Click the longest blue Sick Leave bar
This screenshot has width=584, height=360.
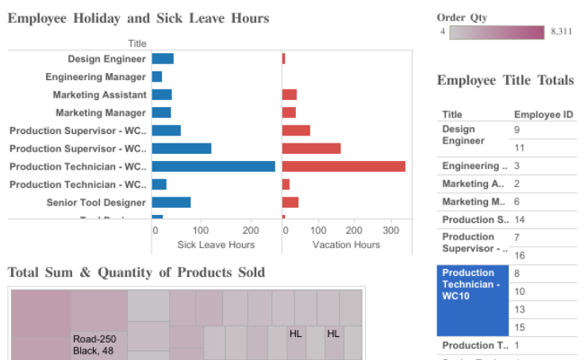pyautogui.click(x=213, y=167)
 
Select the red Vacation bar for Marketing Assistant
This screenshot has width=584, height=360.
pyautogui.click(x=289, y=94)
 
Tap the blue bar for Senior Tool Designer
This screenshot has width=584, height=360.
pyautogui.click(x=171, y=202)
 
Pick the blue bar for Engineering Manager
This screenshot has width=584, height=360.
pyautogui.click(x=157, y=77)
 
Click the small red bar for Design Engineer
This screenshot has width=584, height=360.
pyautogui.click(x=283, y=59)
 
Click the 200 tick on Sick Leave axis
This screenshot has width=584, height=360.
pyautogui.click(x=252, y=231)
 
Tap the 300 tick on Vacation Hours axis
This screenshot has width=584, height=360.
pyautogui.click(x=386, y=231)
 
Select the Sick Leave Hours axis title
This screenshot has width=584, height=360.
pyautogui.click(x=216, y=245)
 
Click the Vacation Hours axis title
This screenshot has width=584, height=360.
pyautogui.click(x=346, y=245)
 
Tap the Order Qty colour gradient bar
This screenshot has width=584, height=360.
pyautogui.click(x=497, y=33)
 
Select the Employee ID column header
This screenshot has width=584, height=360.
pyautogui.click(x=544, y=114)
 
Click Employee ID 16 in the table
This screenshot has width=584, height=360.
pyautogui.click(x=520, y=255)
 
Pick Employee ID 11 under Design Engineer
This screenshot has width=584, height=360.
pyautogui.click(x=520, y=147)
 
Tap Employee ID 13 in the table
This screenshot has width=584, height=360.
pyautogui.click(x=520, y=309)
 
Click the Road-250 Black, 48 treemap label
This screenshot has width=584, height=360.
pyautogui.click(x=94, y=344)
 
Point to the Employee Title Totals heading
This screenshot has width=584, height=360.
pyautogui.click(x=505, y=80)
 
